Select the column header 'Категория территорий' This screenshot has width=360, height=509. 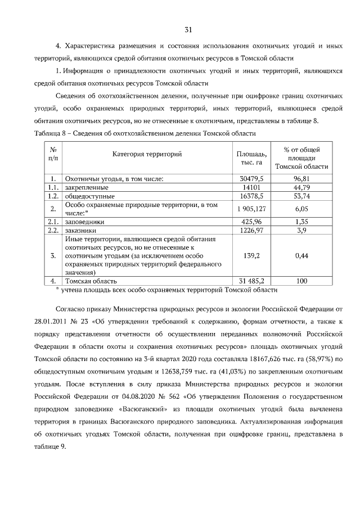tap(147, 154)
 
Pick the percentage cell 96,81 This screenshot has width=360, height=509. tap(301, 178)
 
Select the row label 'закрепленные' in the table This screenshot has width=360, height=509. tap(87, 187)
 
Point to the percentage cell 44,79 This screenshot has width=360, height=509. tap(301, 187)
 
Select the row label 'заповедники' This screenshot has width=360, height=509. tap(85, 222)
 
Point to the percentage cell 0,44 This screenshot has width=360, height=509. tap(301, 255)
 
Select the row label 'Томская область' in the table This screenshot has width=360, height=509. tap(91, 280)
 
